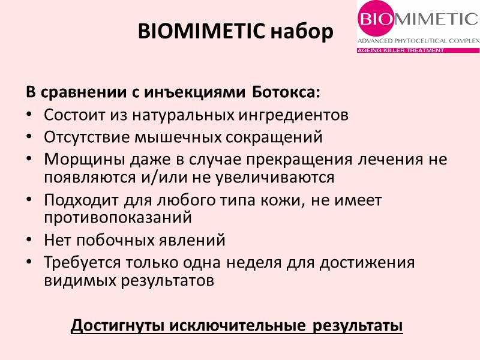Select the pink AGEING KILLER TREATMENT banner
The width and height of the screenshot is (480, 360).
[400, 50]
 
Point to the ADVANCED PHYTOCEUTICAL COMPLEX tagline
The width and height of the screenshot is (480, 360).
[418, 41]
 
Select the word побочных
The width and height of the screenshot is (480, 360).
[116, 241]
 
